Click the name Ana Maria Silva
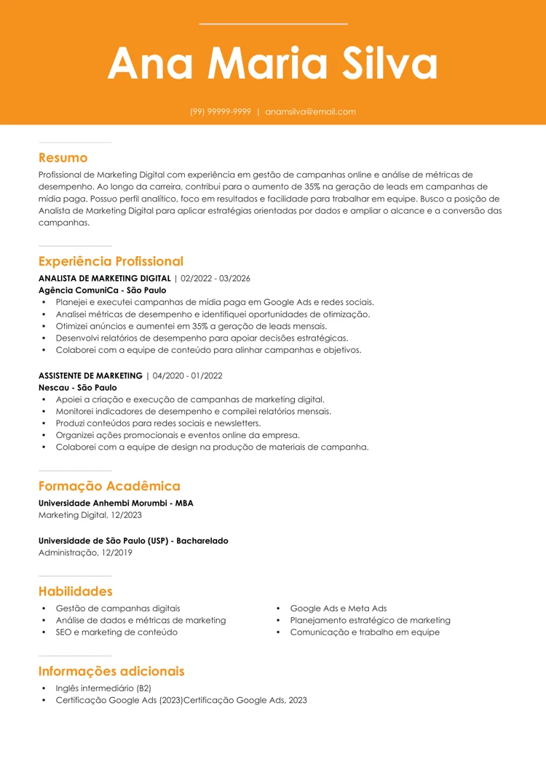[x=273, y=64]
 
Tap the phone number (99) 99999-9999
[x=221, y=112]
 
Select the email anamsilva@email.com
[x=310, y=112]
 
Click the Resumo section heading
[x=63, y=158]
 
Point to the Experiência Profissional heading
[x=111, y=261]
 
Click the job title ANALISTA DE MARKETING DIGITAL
[x=104, y=279]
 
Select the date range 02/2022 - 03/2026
[x=215, y=279]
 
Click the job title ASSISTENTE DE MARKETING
[x=90, y=376]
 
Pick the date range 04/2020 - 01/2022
[x=187, y=376]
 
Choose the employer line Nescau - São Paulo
[x=77, y=388]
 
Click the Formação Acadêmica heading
[x=109, y=486]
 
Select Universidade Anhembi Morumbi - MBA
[x=116, y=503]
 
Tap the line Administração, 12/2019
[x=85, y=553]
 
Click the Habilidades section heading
[x=75, y=592]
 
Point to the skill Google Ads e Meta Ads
[x=338, y=608]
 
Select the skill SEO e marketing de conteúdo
[x=116, y=632]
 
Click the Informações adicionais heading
[x=111, y=672]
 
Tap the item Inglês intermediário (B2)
[x=103, y=688]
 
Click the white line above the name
[x=273, y=24]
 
